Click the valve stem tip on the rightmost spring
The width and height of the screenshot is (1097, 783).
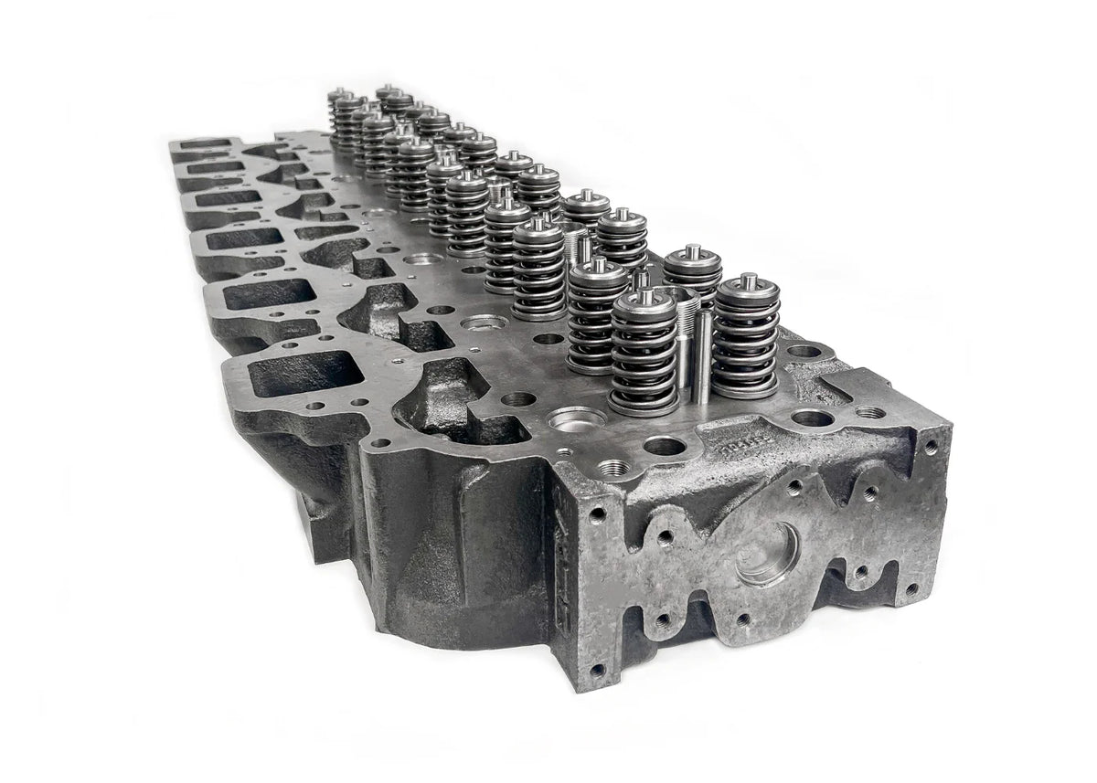749,280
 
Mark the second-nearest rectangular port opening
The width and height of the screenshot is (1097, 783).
269,293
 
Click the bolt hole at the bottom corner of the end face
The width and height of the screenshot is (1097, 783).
597,670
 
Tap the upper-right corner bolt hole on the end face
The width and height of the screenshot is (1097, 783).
930,447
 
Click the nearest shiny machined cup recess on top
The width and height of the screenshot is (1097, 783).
576,419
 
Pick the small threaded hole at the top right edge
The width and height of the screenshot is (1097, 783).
870,412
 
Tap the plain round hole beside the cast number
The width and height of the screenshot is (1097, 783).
665,446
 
